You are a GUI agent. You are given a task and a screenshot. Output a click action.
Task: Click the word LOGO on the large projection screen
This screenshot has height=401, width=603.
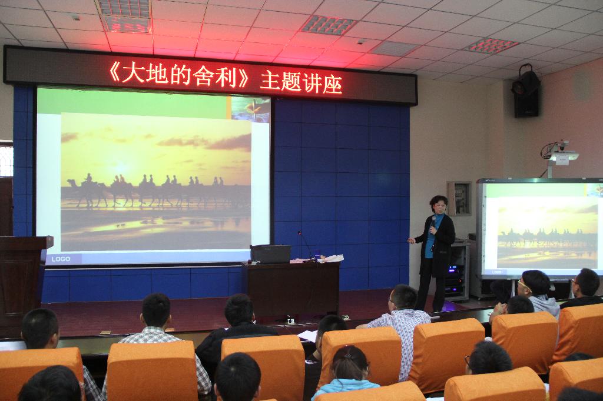tap(61, 259)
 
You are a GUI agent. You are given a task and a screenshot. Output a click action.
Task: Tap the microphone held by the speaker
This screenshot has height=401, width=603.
tap(433, 220)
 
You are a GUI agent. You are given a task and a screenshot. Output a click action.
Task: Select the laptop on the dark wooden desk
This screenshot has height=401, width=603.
tap(270, 254)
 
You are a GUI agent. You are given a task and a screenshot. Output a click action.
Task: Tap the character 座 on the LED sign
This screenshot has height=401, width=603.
tap(332, 83)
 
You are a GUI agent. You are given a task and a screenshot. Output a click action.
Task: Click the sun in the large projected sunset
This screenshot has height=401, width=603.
tap(121, 168)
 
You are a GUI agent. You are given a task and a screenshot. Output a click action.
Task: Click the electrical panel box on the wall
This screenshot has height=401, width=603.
tap(459, 199)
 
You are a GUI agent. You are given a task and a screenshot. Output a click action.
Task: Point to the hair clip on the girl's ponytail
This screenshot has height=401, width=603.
tap(349, 355)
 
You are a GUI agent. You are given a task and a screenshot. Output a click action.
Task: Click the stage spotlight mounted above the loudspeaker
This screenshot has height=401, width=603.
tap(526, 81)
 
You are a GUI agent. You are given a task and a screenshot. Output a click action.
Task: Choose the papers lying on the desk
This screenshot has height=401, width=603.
tap(330, 259)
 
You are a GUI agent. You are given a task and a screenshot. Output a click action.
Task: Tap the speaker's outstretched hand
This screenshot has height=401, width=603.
tap(412, 240)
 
